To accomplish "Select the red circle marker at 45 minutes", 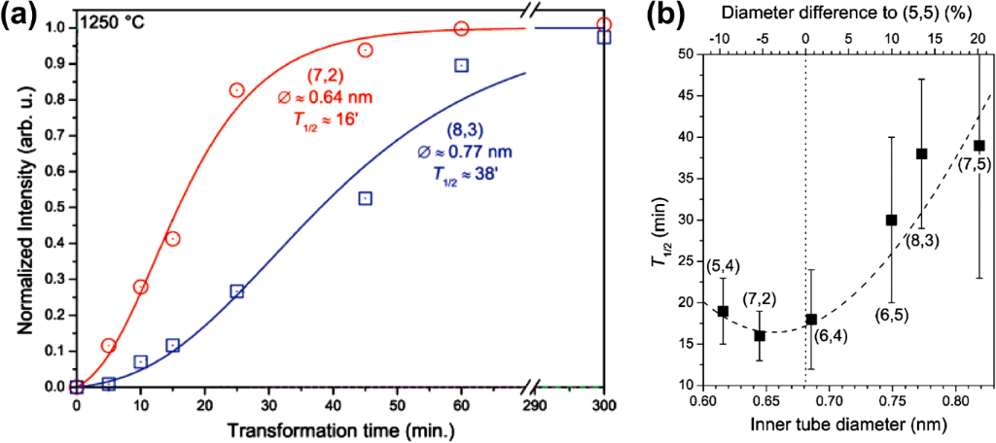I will click(x=366, y=50).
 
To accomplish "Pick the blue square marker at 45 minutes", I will click(x=366, y=198).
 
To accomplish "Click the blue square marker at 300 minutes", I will click(x=604, y=37).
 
